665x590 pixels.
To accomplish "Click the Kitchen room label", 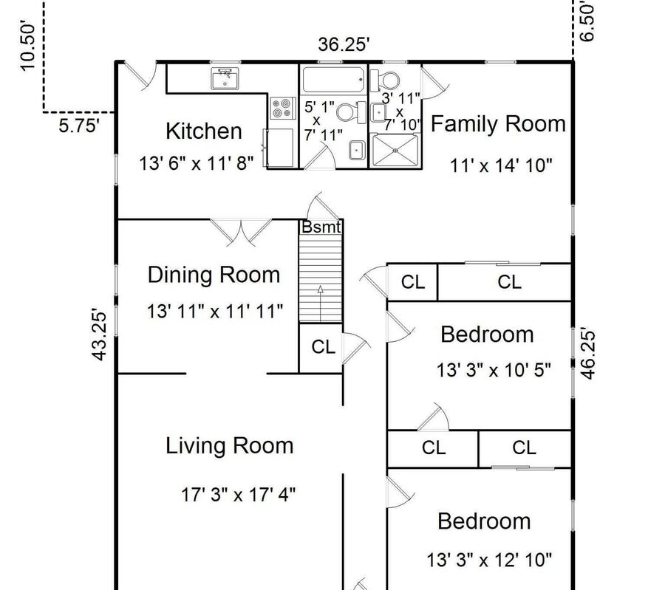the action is point(204,131).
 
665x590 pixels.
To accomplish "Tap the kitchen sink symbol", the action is point(225,79).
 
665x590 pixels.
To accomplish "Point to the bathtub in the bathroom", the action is point(333,79).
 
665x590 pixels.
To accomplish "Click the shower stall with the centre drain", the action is point(395,150).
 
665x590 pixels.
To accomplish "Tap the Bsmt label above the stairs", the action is point(321,227).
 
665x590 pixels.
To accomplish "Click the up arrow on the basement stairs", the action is point(320,303).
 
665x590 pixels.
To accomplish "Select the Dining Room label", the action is point(214,275).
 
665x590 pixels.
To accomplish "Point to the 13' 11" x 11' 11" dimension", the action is point(214,312).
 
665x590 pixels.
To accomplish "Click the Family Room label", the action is point(498,124).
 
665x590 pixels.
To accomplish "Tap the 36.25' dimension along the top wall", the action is point(344,44).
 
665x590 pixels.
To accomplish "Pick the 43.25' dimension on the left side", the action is point(99,337).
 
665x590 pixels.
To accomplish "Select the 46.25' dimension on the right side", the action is point(588,353).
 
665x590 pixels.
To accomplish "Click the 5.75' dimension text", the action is point(79,126).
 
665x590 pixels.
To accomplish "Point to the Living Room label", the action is point(229,446).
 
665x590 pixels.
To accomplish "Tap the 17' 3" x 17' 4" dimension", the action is point(239,495).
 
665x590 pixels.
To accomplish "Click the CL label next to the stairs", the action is point(323,347).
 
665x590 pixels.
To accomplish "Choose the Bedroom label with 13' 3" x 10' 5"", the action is point(487,335).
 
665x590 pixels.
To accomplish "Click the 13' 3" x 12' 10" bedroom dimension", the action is point(489,560).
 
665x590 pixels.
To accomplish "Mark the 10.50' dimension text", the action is point(27,47).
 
